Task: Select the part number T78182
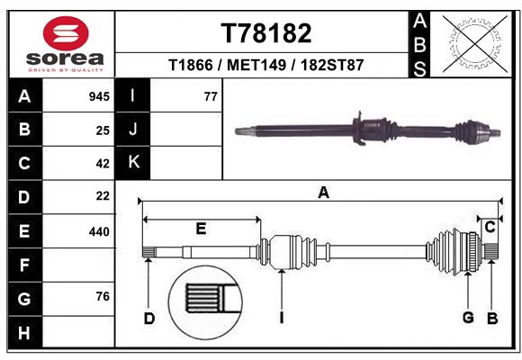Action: [266, 33]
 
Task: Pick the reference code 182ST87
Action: [333, 66]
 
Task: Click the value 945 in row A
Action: [99, 96]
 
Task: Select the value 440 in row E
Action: [99, 231]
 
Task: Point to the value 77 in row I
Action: [211, 96]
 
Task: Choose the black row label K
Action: [134, 163]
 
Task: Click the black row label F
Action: [24, 265]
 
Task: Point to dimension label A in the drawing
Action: [323, 192]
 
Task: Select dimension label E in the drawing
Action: [201, 229]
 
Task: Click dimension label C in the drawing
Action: [490, 228]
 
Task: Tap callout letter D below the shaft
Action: [149, 318]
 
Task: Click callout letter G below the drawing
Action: [468, 318]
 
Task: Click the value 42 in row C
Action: [102, 163]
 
